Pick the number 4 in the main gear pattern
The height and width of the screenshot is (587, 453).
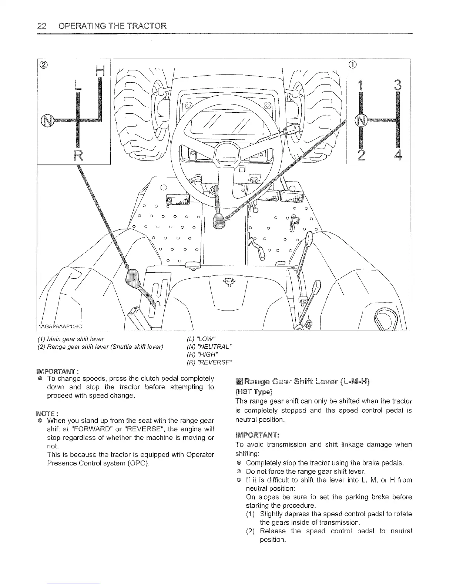click(399, 154)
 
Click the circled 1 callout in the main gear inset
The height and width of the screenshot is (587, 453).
click(353, 64)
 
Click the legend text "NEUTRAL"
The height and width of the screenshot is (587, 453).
click(211, 346)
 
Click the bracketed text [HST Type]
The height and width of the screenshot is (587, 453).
click(254, 392)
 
